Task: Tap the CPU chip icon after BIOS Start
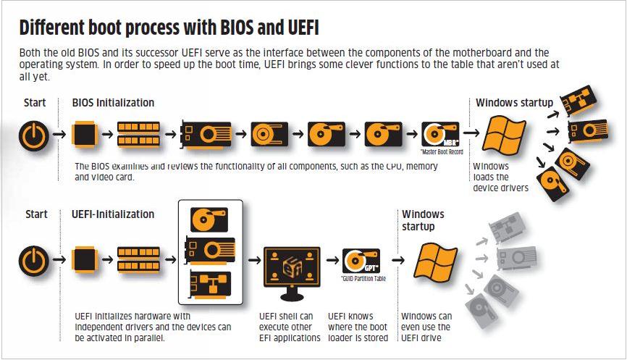point(85,134)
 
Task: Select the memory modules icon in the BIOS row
point(138,134)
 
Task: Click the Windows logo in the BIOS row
point(504,134)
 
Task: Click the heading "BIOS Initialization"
point(113,103)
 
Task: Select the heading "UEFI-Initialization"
point(113,214)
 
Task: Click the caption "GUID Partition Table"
point(362,278)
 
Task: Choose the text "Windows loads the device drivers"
point(500,177)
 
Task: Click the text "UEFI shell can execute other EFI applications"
point(290,327)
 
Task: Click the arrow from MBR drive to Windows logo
point(471,133)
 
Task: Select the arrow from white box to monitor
point(253,260)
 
